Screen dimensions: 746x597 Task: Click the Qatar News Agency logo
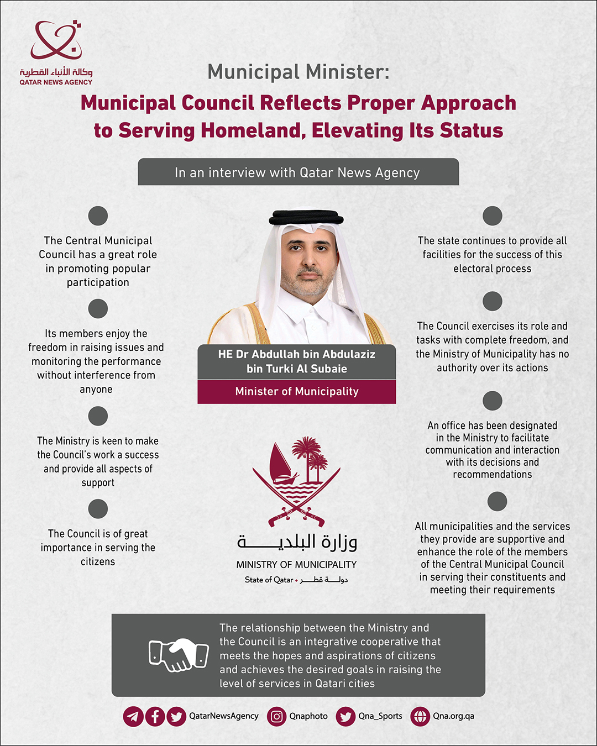[56, 52]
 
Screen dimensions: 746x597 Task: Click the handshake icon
[179, 655]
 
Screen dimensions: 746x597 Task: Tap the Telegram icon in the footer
[133, 717]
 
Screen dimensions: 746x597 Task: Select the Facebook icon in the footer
[155, 717]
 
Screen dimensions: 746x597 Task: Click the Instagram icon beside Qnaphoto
[277, 717]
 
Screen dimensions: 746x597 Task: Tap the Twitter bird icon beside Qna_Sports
[345, 717]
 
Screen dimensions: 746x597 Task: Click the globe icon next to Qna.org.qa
[420, 717]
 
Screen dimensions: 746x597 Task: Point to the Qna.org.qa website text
[453, 716]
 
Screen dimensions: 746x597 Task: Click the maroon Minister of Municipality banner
[297, 392]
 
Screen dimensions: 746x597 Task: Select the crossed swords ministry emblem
[296, 481]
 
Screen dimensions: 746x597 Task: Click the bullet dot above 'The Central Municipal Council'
[98, 216]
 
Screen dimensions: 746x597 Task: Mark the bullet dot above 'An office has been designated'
[492, 401]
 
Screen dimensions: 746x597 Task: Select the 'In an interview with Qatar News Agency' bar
[298, 172]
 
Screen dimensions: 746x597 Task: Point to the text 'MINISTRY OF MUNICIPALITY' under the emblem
[296, 565]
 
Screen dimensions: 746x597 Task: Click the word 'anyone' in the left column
[96, 390]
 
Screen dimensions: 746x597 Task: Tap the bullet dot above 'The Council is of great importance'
[98, 509]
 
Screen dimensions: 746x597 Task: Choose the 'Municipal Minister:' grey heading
[298, 72]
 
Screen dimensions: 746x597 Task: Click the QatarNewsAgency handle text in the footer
[224, 716]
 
